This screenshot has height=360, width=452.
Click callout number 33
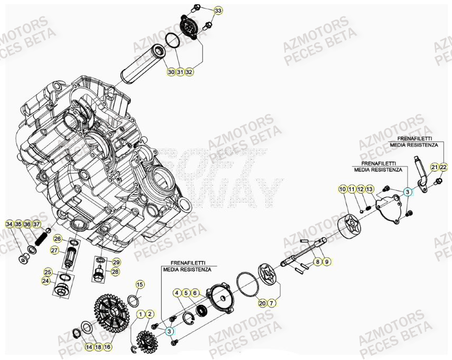click(x=218, y=11)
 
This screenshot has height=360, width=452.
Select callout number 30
click(x=171, y=72)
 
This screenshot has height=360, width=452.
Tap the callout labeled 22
click(x=443, y=168)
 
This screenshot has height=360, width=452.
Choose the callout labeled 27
click(x=54, y=250)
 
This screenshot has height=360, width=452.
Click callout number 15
click(x=140, y=285)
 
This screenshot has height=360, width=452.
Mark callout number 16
click(x=107, y=347)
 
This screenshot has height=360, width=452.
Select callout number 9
click(x=327, y=262)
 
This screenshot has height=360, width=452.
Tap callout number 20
click(x=262, y=303)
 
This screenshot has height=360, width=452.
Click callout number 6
click(x=195, y=292)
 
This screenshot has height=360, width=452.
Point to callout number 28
click(x=115, y=271)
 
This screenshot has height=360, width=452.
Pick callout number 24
click(x=46, y=281)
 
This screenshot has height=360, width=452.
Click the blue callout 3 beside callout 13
click(x=408, y=193)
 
